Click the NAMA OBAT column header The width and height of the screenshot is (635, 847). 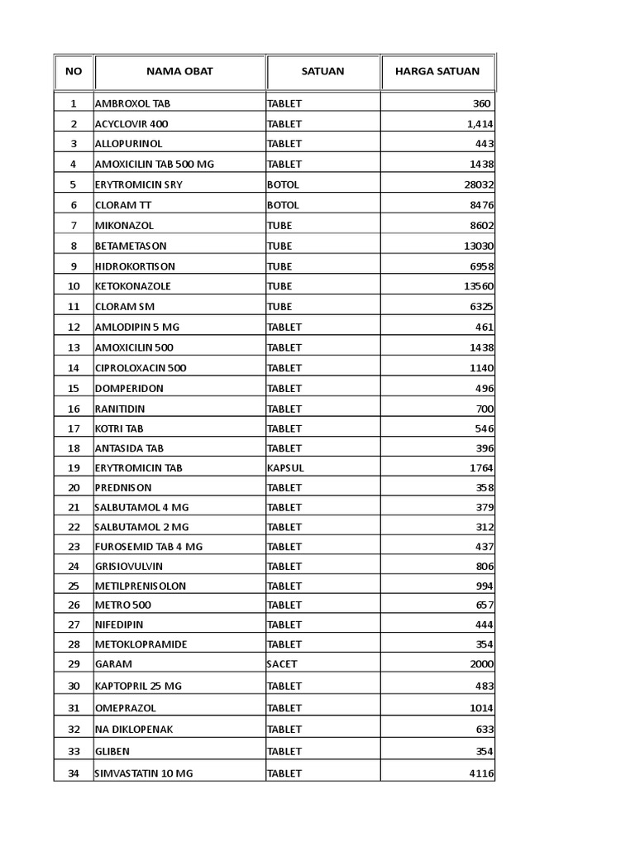(x=179, y=71)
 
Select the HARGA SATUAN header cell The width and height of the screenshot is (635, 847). (x=437, y=71)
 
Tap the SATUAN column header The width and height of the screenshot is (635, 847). (x=322, y=71)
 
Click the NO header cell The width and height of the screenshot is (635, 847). (x=74, y=71)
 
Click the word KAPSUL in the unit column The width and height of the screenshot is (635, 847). (x=285, y=468)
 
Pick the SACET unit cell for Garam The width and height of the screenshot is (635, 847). (x=282, y=664)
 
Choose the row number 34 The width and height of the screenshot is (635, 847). (x=74, y=773)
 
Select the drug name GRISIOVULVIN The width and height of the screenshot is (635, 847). (x=129, y=567)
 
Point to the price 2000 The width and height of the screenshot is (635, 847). (x=481, y=664)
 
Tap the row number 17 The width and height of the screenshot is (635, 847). (x=74, y=428)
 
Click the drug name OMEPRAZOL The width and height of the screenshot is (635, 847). (x=126, y=708)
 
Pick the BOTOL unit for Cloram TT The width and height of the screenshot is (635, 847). (x=283, y=205)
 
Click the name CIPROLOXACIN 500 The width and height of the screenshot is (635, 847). (x=141, y=367)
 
